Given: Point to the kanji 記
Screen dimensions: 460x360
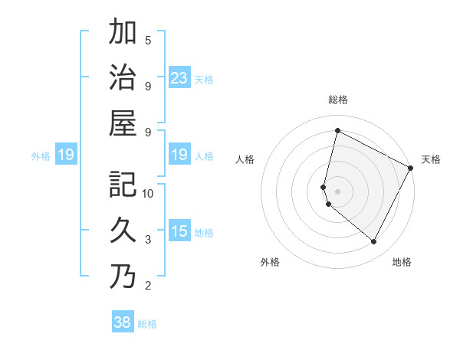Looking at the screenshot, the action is point(123,184).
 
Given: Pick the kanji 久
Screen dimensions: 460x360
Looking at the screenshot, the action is point(123,230).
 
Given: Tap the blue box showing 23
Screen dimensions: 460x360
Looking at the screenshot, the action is point(179,77).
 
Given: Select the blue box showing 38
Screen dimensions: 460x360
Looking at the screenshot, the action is point(123,322).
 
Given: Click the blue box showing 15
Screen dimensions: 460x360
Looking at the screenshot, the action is point(179,231).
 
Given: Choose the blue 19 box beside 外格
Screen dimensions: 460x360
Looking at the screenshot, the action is point(65,155).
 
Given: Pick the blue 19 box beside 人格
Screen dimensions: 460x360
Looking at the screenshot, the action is point(179,155).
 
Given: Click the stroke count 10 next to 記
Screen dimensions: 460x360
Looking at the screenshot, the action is point(148,193).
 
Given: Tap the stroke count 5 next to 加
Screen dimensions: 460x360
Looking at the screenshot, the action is point(148,40).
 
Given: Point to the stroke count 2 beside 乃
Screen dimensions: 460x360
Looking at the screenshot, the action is point(148,286).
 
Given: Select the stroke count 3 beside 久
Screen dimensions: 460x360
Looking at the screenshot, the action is point(148,240).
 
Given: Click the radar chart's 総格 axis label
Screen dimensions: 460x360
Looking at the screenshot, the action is point(338,100).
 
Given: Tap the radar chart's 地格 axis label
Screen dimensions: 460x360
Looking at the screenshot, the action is point(402,262).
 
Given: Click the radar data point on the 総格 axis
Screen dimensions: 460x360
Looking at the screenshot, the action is point(337,131).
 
